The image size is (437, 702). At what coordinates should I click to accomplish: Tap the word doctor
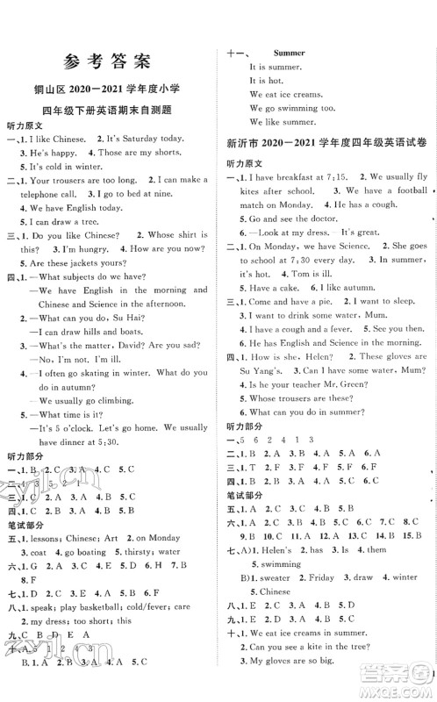317,240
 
